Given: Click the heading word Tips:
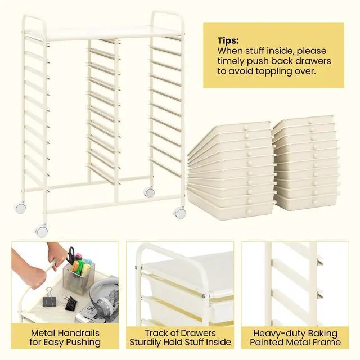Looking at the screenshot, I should pos(227,40).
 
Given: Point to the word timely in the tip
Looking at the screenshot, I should pos(233,61).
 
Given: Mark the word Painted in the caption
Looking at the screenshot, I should pos(269,342).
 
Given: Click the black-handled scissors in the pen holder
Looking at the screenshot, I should pos(73,256).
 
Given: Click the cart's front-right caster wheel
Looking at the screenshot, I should pos(180,213).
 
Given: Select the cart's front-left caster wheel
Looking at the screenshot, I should pos(41,229).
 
